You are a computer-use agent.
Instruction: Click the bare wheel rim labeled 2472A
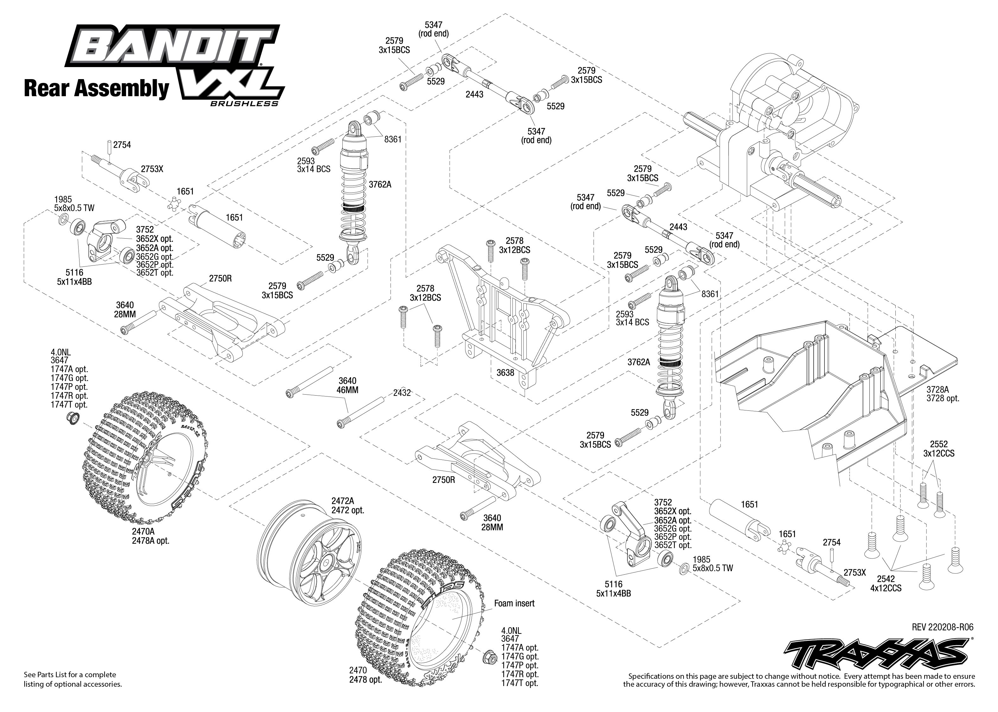307,557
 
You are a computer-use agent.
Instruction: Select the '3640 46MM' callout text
348,385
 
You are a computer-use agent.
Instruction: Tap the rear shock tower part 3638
505,307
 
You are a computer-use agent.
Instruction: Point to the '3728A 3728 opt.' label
943,394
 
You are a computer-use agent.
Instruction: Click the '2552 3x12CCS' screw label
938,448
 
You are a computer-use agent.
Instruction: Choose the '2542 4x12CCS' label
885,584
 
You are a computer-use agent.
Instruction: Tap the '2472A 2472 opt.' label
348,505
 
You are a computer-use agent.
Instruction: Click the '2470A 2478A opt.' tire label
150,536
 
